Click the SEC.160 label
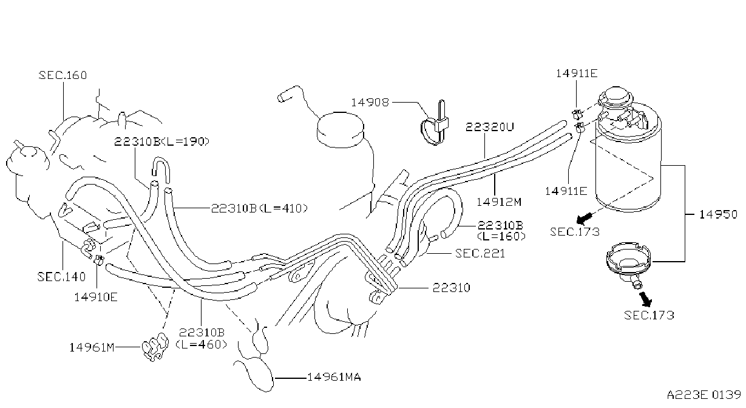[63, 75]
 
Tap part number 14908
[370, 102]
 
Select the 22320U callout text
[490, 126]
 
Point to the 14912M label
[499, 202]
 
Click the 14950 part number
[718, 214]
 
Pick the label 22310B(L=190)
[162, 141]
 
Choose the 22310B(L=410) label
[259, 208]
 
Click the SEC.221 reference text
[480, 253]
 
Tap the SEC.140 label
[62, 276]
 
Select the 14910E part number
[96, 297]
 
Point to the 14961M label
[92, 347]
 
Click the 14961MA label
[334, 377]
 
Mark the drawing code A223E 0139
[704, 395]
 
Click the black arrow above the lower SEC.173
[646, 299]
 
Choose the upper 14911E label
[577, 73]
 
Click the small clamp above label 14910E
[99, 259]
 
